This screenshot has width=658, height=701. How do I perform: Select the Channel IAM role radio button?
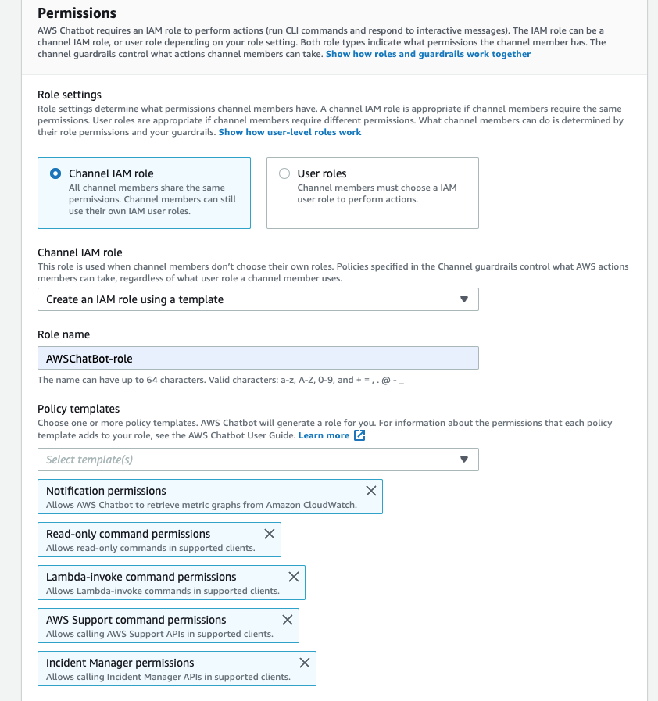tap(55, 173)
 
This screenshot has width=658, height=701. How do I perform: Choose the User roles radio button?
tap(284, 173)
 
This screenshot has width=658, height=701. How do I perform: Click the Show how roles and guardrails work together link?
tap(427, 54)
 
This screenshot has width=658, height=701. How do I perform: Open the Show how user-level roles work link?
tap(290, 132)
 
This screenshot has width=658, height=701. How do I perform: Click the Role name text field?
tap(258, 358)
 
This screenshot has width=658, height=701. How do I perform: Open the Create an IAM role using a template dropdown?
tap(258, 299)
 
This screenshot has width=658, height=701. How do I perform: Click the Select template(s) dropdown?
tap(258, 460)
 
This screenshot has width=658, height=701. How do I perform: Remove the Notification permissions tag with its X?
tap(371, 491)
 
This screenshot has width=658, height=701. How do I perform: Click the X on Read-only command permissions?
tap(270, 534)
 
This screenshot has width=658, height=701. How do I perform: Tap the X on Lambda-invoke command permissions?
tap(294, 577)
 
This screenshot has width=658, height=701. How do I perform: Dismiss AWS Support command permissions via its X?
tap(288, 620)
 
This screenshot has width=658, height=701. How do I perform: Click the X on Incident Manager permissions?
tap(305, 663)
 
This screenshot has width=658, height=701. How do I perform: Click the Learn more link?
tap(324, 435)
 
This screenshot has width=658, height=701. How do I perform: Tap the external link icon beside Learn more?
tap(359, 435)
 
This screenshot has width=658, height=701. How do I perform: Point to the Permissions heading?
tap(77, 13)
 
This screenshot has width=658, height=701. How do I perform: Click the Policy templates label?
tap(78, 409)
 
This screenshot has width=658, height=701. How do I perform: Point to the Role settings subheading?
tap(70, 95)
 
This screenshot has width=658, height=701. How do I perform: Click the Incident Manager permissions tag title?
tap(120, 663)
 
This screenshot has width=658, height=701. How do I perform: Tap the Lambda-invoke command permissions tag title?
tap(141, 577)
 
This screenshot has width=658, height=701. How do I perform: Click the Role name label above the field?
tap(63, 334)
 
